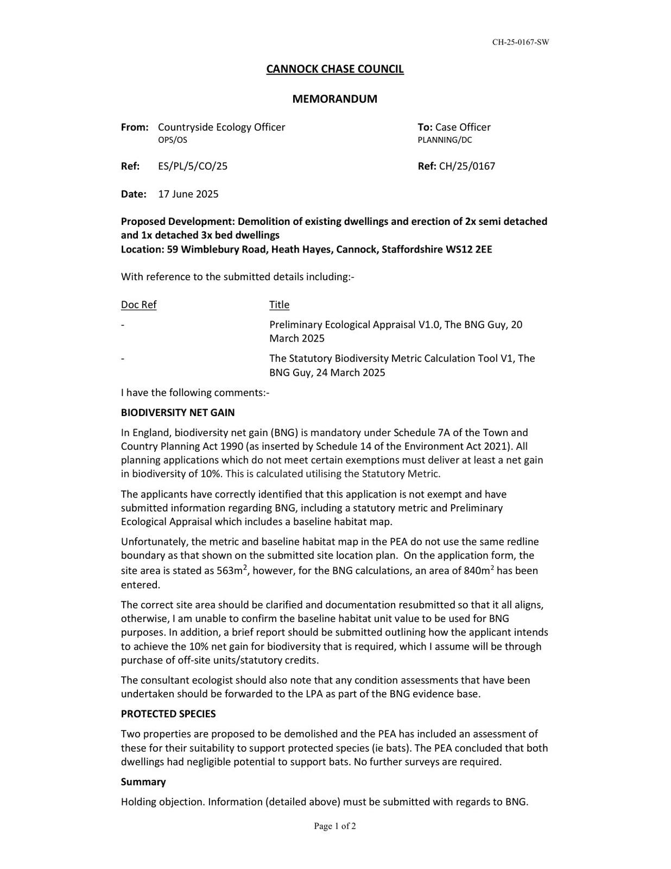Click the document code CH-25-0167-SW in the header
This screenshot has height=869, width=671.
coord(520,42)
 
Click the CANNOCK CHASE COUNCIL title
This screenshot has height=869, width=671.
coord(334,69)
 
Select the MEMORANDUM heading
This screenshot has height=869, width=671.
coord(334,99)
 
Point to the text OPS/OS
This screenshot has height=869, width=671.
coord(172,140)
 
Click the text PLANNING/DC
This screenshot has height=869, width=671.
coord(445,140)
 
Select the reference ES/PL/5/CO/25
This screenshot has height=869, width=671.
coord(193,166)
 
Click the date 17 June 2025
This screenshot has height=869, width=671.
coord(188,194)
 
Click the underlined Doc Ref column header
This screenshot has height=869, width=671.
coord(138,305)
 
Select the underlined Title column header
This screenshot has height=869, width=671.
coord(279,305)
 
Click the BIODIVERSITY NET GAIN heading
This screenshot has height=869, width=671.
coord(178,413)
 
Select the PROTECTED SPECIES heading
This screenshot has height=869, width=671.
coord(168,714)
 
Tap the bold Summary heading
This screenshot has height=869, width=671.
coord(143,782)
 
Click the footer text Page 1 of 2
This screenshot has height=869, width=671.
coord(334,826)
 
